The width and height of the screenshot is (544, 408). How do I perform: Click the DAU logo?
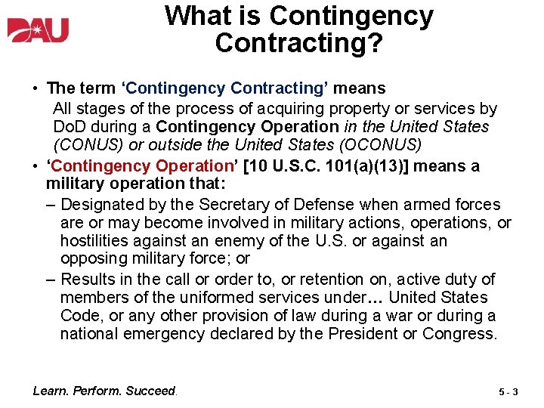[38, 31]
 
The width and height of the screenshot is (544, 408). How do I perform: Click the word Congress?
[460, 334]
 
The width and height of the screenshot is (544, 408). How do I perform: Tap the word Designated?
[101, 205]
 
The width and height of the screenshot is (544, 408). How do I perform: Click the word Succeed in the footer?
[150, 391]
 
